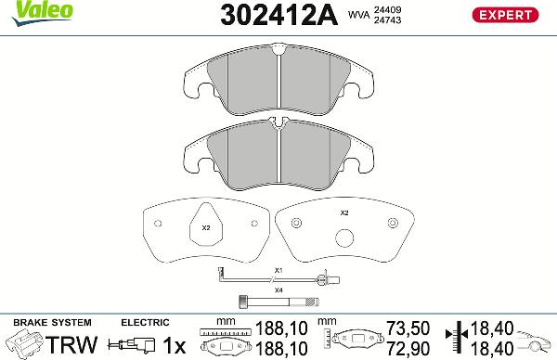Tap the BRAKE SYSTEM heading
[42, 322]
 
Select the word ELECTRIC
[144, 322]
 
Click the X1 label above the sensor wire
[277, 270]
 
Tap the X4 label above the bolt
[277, 290]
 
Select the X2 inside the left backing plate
[207, 227]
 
